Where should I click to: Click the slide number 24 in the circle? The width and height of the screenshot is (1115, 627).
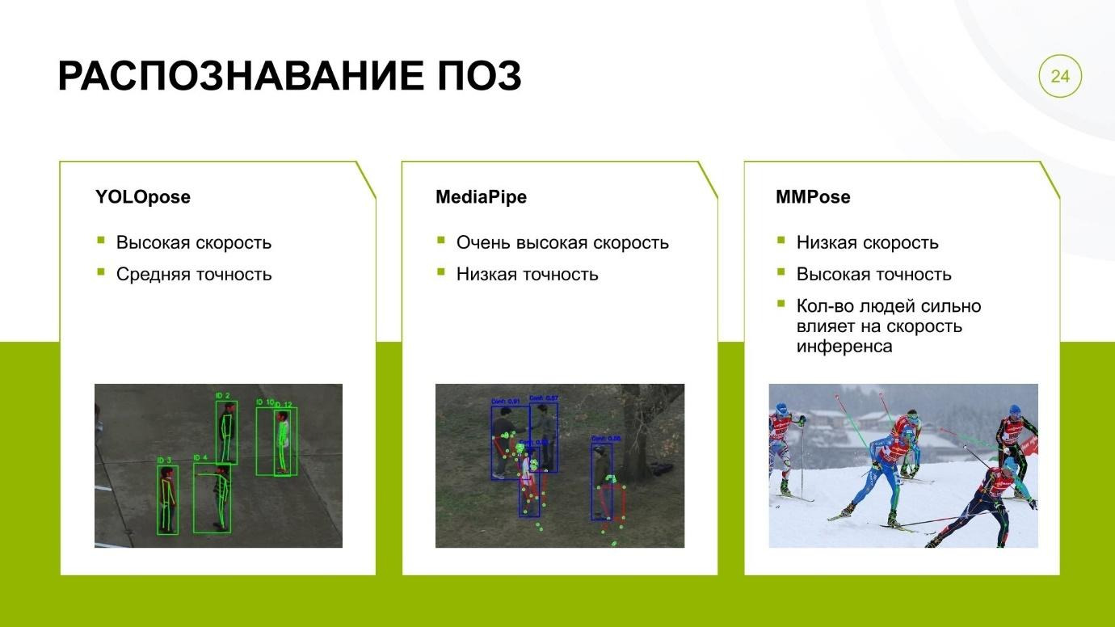[1059, 77]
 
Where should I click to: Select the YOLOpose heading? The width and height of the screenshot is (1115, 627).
[143, 197]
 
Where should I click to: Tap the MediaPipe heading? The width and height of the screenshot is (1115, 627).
[481, 197]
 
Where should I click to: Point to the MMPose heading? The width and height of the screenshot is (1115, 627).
[812, 197]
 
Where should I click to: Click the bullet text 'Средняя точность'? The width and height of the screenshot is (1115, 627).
[194, 275]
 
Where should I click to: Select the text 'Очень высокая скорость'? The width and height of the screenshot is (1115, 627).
[562, 243]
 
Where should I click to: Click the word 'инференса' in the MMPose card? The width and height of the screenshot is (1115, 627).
[844, 347]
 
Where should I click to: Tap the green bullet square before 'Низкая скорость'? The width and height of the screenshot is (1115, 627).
[781, 241]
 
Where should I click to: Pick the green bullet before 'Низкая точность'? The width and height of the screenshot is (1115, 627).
[441, 272]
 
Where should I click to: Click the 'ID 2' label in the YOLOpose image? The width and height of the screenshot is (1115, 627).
[223, 396]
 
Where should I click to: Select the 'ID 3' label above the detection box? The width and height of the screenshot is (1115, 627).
[163, 461]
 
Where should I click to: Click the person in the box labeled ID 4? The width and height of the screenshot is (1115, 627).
[220, 497]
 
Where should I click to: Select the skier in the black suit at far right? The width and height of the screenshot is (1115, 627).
[1012, 440]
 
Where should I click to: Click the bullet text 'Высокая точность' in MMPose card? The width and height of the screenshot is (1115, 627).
[873, 275]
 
